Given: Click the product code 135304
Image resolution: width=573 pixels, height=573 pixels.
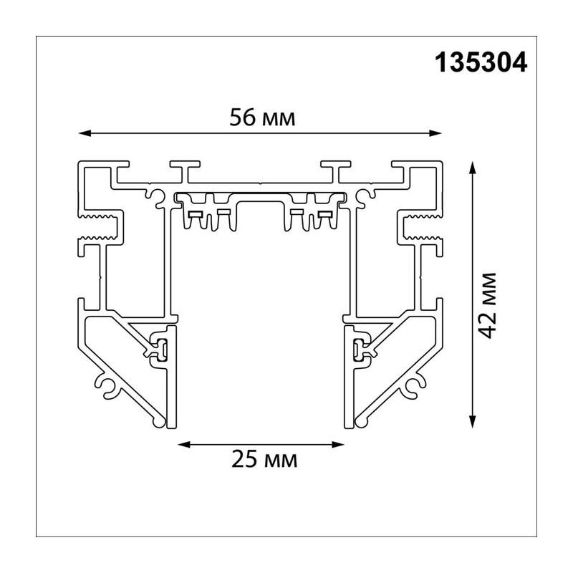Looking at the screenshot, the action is (x=481, y=62).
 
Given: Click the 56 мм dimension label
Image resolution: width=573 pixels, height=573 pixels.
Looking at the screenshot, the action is (x=262, y=118).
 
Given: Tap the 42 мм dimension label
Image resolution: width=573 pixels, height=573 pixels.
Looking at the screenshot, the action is (x=488, y=306).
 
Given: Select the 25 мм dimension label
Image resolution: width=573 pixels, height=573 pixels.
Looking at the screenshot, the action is (x=264, y=459).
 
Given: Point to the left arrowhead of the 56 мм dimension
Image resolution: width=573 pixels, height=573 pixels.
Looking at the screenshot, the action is (x=85, y=133).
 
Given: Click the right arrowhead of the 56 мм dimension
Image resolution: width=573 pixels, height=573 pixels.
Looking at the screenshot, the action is (x=436, y=133).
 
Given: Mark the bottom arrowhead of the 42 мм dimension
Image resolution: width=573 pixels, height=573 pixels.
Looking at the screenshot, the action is (x=473, y=421).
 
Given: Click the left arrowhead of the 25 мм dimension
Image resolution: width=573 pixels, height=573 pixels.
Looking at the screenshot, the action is (x=183, y=444).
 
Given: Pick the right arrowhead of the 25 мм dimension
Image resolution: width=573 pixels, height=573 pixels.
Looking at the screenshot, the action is (x=338, y=444).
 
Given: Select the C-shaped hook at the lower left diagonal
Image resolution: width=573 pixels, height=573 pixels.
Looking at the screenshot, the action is (x=107, y=385).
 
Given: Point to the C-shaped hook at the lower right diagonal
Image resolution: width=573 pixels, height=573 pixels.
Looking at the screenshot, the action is (x=414, y=385).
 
